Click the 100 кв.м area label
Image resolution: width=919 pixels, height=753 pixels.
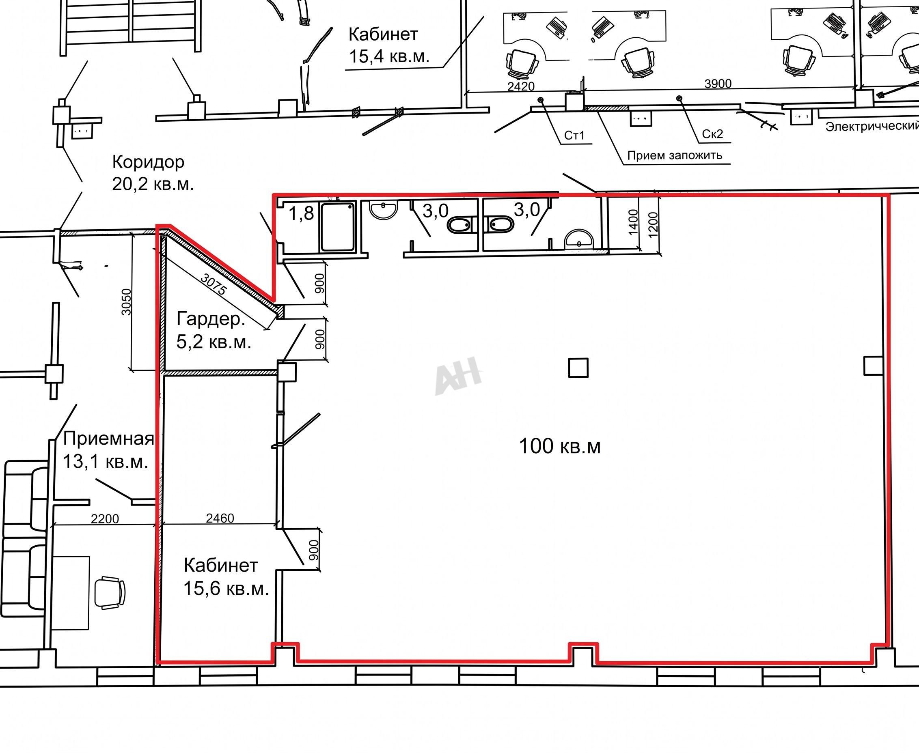[x=560, y=446]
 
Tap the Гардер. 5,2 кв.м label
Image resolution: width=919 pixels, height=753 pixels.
[x=214, y=331]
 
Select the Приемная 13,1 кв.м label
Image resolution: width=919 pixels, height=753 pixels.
[x=108, y=450]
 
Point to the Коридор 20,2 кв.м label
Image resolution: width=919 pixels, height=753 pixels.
[x=153, y=173]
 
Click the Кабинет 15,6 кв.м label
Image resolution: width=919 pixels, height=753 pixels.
[x=226, y=577]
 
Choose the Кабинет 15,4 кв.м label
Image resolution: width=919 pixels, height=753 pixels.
[x=389, y=45]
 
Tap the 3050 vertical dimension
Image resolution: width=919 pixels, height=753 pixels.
[x=126, y=302]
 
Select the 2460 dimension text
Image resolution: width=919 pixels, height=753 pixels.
[x=220, y=518]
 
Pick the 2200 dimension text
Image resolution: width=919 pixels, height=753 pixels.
[x=105, y=518]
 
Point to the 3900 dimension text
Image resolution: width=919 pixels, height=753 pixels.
[x=718, y=83]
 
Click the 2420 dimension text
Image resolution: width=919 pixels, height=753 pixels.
[x=521, y=86]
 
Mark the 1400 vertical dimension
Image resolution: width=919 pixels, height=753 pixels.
[x=633, y=222]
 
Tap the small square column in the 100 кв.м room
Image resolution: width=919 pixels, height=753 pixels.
[x=578, y=368]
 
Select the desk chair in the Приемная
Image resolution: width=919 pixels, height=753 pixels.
[x=110, y=592]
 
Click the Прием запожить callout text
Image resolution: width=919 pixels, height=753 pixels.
[x=675, y=155]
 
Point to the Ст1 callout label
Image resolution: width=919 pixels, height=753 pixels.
[x=574, y=136]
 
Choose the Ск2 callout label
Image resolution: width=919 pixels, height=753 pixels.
[x=712, y=134]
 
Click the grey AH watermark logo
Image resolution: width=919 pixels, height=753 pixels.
[x=458, y=376]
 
